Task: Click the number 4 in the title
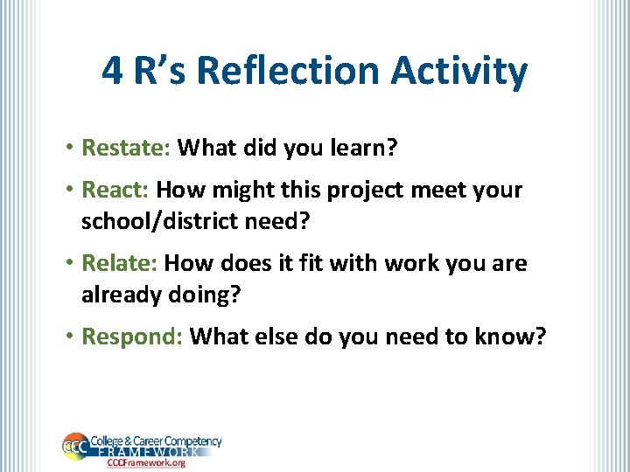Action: point(112,71)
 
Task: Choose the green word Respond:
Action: point(131,337)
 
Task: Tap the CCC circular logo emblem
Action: point(74,447)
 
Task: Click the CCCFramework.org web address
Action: point(146,463)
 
